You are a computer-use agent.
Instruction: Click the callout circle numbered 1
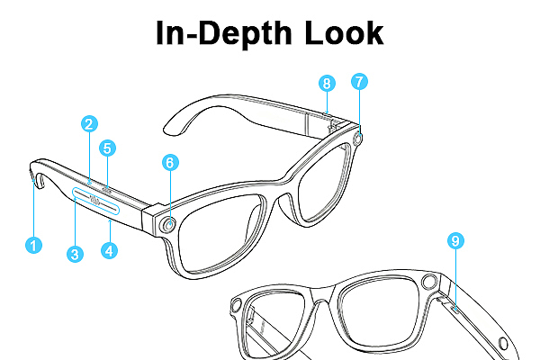(x=34, y=246)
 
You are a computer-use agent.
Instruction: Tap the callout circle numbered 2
(x=89, y=124)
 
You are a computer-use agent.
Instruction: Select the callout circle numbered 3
(x=75, y=254)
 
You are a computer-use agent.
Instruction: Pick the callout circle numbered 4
(x=109, y=250)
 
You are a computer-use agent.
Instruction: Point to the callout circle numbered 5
(x=107, y=148)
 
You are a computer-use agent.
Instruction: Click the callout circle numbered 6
(x=170, y=163)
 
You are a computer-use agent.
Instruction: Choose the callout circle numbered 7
(x=359, y=82)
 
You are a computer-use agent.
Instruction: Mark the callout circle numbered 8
(x=327, y=84)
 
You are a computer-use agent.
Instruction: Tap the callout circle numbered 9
(x=455, y=240)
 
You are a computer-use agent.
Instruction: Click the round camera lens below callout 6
(x=169, y=225)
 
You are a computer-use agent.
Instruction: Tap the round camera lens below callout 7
(x=358, y=139)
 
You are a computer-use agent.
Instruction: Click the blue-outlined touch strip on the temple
(x=95, y=201)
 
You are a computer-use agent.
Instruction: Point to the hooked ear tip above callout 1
(x=37, y=175)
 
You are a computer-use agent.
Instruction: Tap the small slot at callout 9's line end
(x=455, y=310)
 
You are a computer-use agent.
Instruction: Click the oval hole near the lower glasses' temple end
(x=503, y=344)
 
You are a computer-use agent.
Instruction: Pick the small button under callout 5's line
(x=106, y=188)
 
